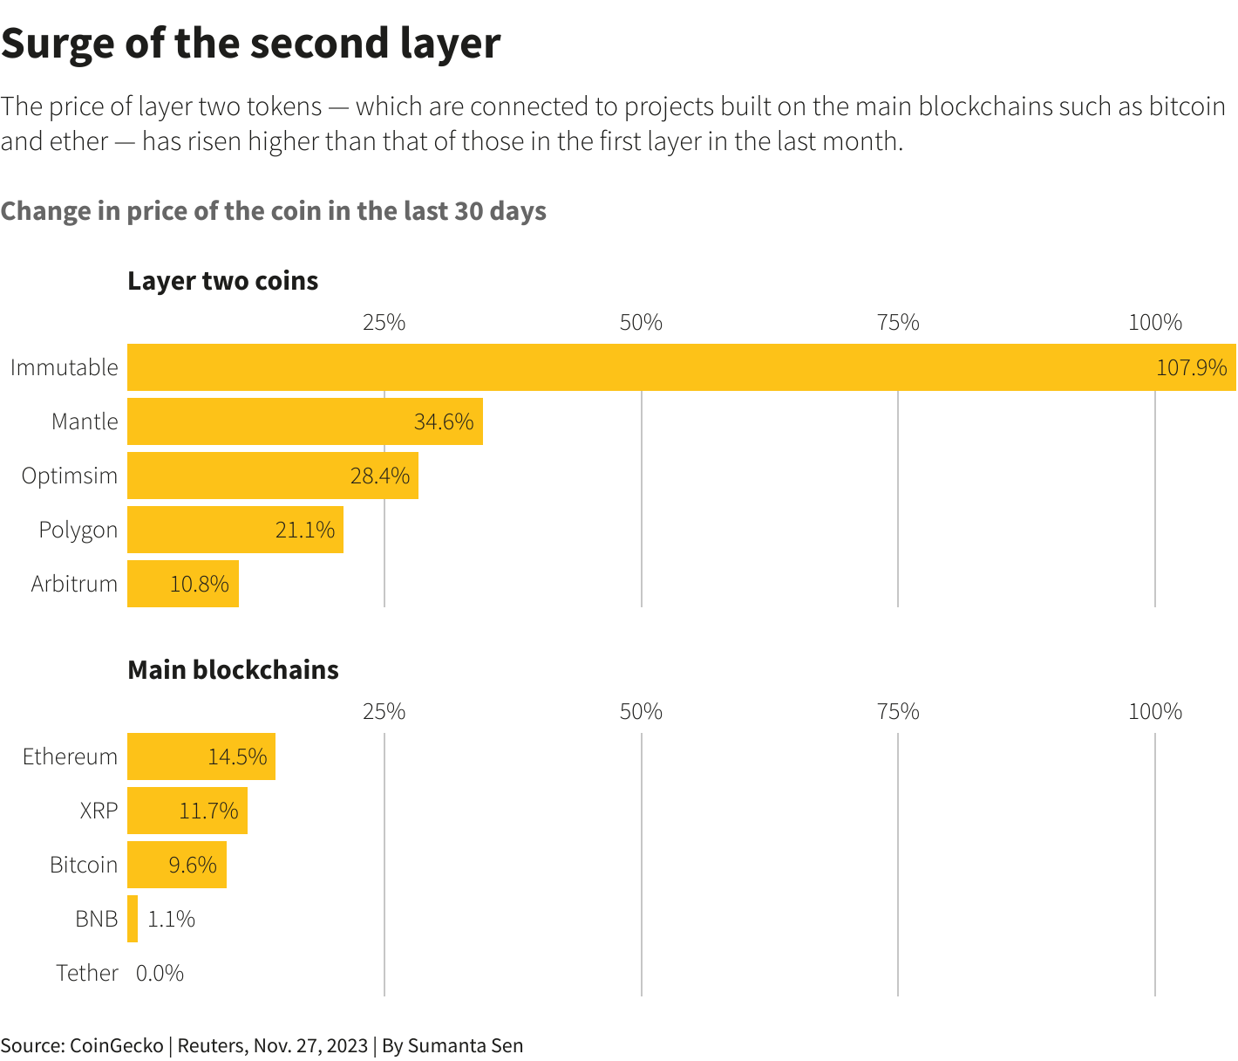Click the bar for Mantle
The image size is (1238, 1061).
[x=305, y=421]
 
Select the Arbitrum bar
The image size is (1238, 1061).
[x=183, y=584]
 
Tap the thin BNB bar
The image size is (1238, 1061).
[x=133, y=919]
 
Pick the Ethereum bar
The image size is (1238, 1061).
[x=201, y=756]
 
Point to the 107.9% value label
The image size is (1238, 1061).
[x=1191, y=367]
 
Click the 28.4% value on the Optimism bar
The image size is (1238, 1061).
[x=380, y=476]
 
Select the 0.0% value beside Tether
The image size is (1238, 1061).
[x=160, y=973]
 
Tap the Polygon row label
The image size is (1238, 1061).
[x=78, y=530]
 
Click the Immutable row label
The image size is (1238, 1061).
[x=64, y=367]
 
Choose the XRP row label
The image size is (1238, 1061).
[x=99, y=811]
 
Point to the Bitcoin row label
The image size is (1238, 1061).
[x=83, y=865]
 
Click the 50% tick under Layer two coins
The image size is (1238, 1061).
[x=641, y=323]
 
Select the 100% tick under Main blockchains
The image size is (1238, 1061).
[x=1155, y=712]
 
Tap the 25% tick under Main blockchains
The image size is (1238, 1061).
[x=384, y=712]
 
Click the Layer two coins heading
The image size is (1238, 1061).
[x=223, y=281]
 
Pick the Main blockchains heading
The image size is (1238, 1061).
[x=233, y=670]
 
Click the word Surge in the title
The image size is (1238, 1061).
[x=58, y=44]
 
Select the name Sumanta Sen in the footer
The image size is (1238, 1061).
[x=466, y=1045]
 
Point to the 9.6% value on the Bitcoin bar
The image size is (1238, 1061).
[x=193, y=865]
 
